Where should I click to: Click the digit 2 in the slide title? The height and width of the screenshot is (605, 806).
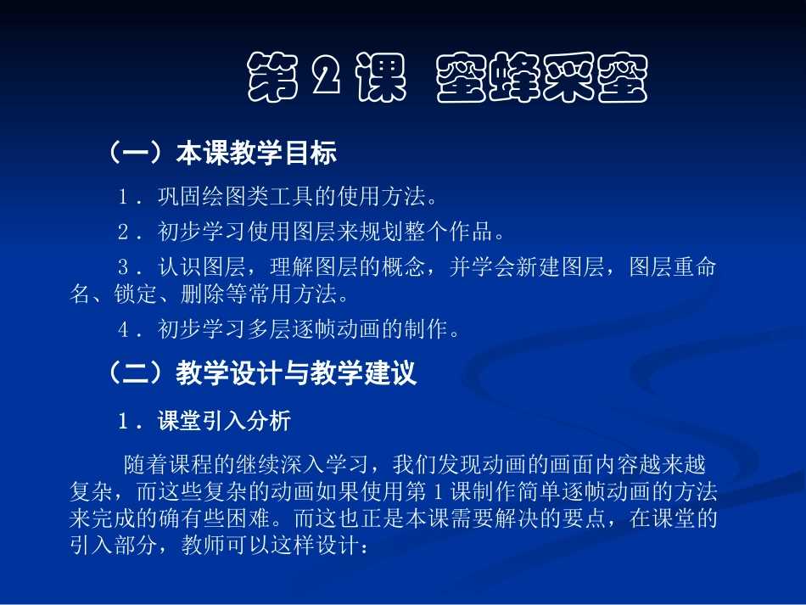pos(325,79)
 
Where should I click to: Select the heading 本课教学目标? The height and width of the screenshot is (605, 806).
pos(256,153)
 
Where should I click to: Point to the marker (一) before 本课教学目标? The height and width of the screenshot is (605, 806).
pos(135,153)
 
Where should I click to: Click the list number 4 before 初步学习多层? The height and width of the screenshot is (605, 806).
pos(124,329)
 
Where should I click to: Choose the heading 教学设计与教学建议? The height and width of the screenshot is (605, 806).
pos(296,373)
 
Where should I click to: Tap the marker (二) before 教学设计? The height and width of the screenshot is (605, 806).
pos(135,373)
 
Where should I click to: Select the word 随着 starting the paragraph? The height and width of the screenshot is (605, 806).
pos(142,465)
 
